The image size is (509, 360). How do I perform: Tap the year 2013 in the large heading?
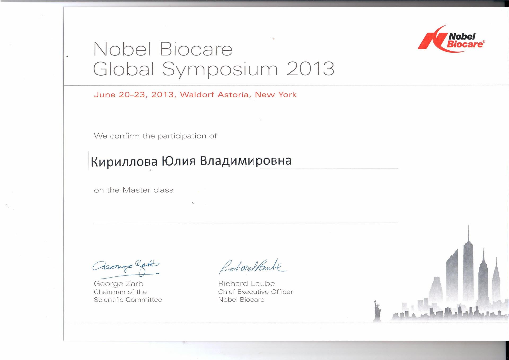[x=310, y=69]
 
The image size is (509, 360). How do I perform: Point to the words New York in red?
[x=276, y=95]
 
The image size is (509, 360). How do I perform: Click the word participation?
[x=182, y=136]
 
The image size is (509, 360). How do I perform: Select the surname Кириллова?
[x=124, y=162]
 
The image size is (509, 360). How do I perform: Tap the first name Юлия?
[x=179, y=161]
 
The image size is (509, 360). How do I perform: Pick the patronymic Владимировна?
[x=246, y=161]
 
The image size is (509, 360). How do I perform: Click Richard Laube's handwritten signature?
[x=253, y=266]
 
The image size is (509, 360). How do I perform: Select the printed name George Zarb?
[x=119, y=284]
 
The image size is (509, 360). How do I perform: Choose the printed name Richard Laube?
[x=247, y=284]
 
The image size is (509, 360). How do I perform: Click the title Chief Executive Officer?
[x=256, y=292]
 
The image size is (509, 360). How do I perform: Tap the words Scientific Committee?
[x=128, y=300]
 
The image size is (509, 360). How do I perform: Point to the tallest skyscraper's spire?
[x=469, y=233]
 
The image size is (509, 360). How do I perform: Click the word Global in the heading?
[x=124, y=69]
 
